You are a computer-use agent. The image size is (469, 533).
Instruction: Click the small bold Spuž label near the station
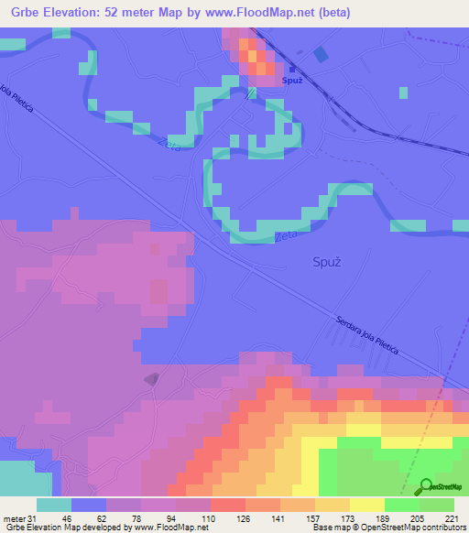292,81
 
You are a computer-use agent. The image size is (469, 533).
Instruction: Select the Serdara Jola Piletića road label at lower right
376,333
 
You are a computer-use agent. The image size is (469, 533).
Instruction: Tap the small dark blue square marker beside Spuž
291,68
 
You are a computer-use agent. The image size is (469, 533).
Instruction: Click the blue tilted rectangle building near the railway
320,55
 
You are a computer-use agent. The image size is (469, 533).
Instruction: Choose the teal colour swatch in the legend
54,505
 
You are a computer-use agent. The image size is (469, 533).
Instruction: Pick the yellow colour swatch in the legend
367,505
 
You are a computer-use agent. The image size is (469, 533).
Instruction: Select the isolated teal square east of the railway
403,92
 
